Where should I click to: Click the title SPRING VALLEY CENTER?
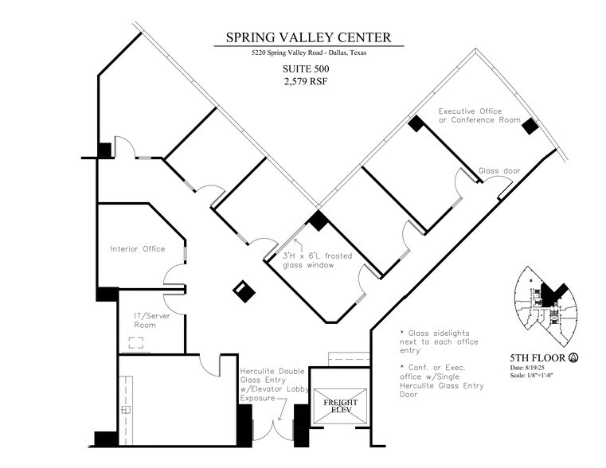pos(308,37)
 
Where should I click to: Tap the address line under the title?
pos(308,53)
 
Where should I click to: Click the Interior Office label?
pos(137,249)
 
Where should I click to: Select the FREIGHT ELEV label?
pos(340,406)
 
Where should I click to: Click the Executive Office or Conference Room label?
pos(479,115)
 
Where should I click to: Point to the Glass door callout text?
pos(499,171)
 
